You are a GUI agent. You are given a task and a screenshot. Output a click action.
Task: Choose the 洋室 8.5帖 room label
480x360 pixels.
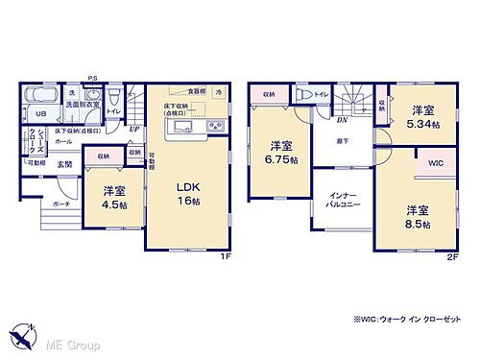click(417, 216)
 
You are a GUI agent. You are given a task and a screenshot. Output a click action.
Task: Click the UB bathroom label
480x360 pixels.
click(31, 113)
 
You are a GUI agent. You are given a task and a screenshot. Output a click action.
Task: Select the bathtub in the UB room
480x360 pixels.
click(39, 98)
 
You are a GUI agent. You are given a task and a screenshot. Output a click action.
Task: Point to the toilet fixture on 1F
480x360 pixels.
click(113, 96)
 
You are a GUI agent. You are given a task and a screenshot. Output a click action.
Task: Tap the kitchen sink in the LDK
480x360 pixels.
click(186, 127)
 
